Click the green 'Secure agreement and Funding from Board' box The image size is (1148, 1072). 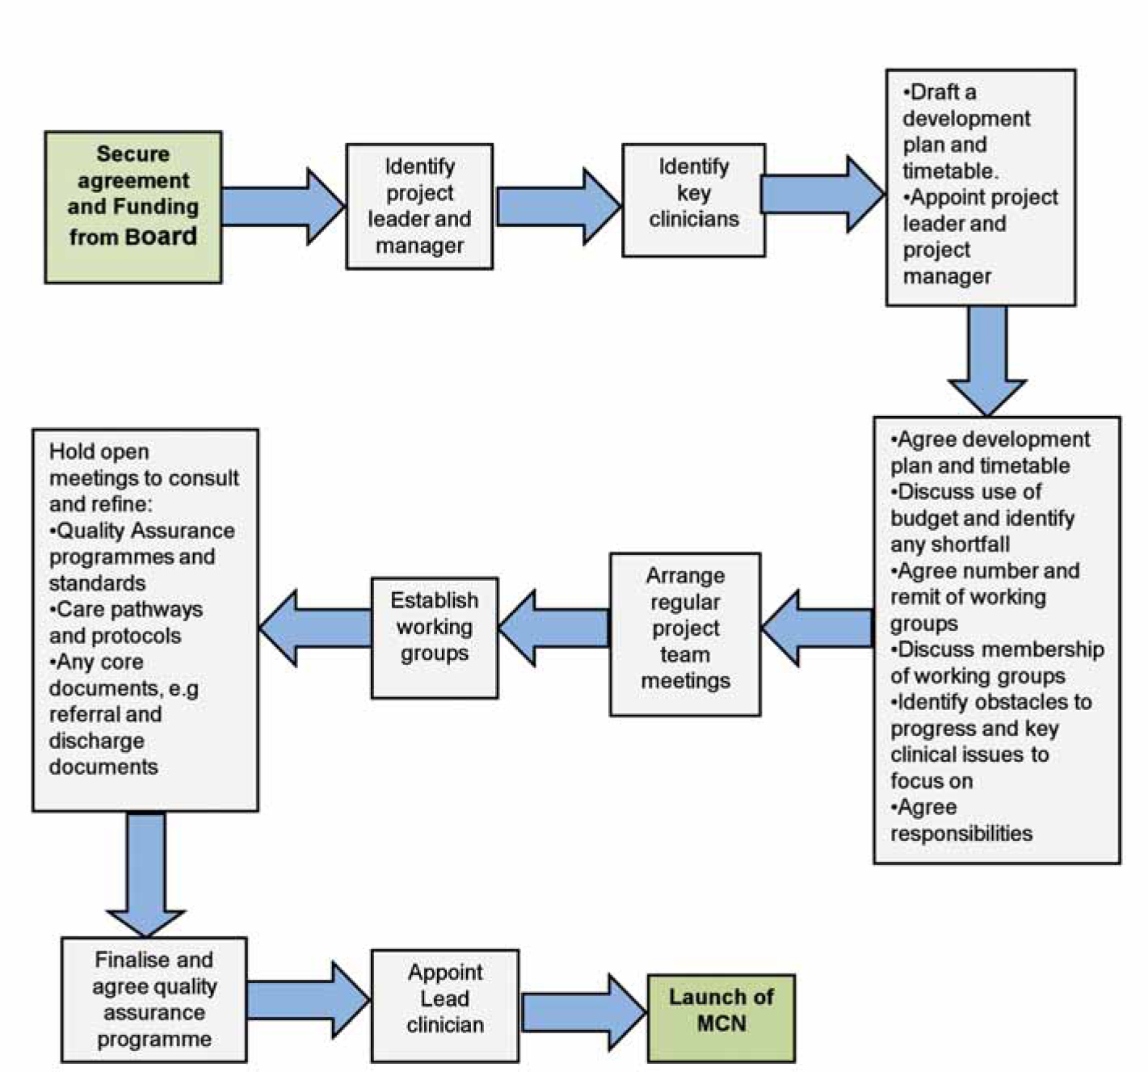(133, 207)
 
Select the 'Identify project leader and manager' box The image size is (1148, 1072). (419, 207)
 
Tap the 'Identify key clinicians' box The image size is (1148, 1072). (694, 200)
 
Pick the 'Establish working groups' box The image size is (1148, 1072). (435, 637)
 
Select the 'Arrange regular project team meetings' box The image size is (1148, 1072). (686, 634)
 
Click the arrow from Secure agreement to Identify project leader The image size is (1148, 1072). (284, 207)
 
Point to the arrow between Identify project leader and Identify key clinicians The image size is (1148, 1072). (558, 207)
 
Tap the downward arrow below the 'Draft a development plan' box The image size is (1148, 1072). (987, 361)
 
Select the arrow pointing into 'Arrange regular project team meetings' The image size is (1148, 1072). (818, 628)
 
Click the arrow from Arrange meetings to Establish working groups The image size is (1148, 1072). (553, 628)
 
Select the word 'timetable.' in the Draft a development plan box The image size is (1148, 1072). (951, 171)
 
